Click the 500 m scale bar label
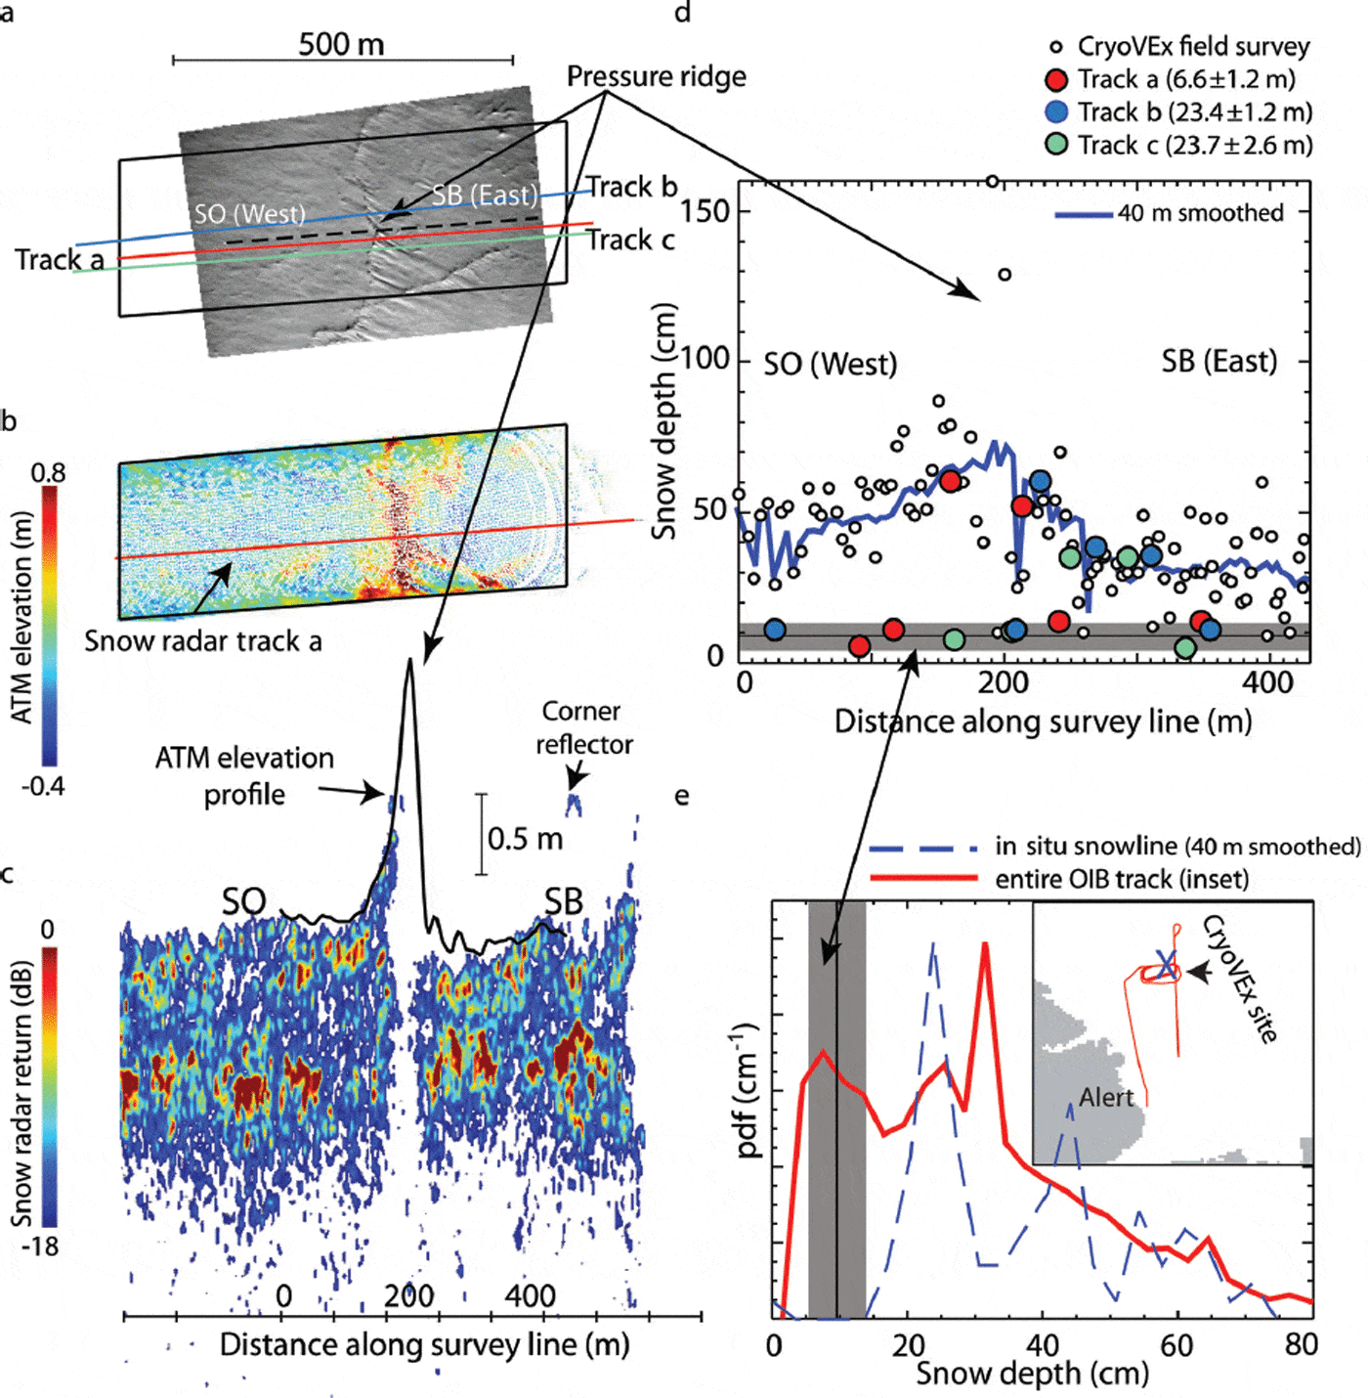point(341,44)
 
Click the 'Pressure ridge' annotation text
point(656,76)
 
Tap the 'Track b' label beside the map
point(631,187)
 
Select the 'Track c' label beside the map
point(630,240)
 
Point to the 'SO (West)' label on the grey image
point(249,213)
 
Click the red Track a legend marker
point(1056,79)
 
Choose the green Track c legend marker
point(1056,145)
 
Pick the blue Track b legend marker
point(1056,111)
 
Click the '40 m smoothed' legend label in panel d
point(1200,213)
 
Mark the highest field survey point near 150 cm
point(993,181)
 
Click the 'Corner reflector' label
point(582,727)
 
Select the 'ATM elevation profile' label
point(244,775)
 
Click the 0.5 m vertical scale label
point(525,839)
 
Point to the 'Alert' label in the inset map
point(1106,1098)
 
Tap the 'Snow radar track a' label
point(202,641)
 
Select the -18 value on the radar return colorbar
point(41,1246)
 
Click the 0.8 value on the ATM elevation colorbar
point(48,473)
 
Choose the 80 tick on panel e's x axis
point(1301,1345)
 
